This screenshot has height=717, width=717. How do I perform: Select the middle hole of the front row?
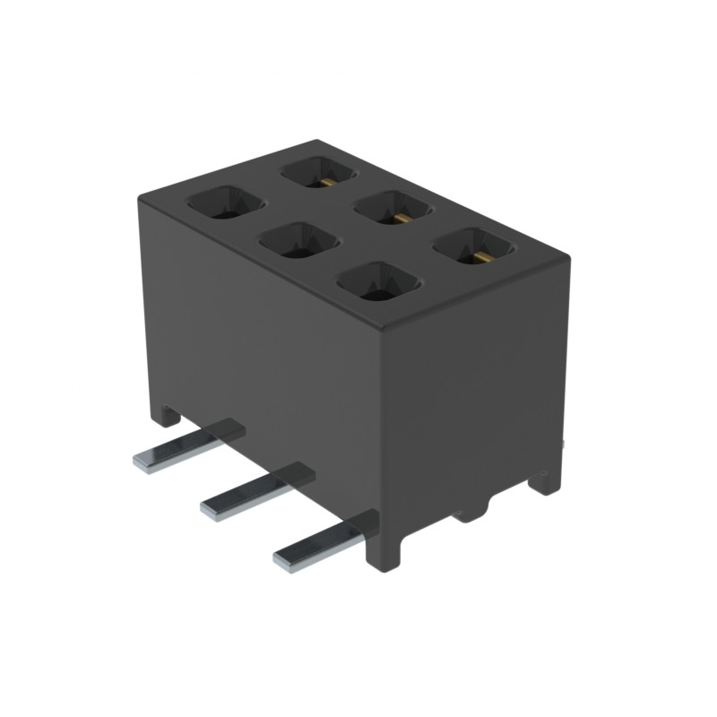click(x=298, y=241)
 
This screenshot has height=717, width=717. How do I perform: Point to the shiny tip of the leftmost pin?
click(x=146, y=462)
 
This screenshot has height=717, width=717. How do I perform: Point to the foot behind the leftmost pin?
click(x=167, y=414)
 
